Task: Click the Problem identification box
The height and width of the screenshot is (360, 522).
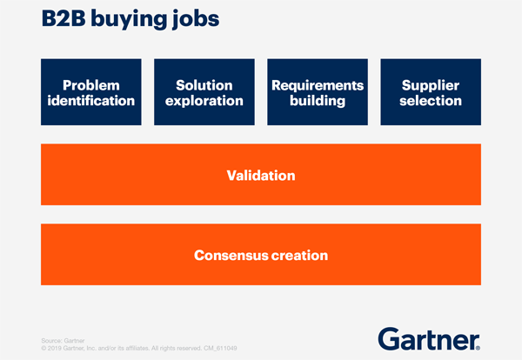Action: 91,93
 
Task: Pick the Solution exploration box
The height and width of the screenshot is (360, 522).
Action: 204,93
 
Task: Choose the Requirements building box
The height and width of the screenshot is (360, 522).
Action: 318,93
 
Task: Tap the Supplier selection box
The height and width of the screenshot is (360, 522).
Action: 432,93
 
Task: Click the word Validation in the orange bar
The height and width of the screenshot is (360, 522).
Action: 261,175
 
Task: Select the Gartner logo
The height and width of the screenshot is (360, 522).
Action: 430,337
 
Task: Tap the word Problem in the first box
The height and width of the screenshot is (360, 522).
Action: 91,85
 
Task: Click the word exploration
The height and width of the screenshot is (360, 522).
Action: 204,101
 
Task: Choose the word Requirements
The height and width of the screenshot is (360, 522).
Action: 318,85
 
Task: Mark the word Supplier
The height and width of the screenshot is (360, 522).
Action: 432,85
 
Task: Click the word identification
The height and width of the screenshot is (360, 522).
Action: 91,101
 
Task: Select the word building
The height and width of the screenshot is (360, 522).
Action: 318,101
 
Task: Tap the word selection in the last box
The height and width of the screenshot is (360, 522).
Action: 432,101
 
